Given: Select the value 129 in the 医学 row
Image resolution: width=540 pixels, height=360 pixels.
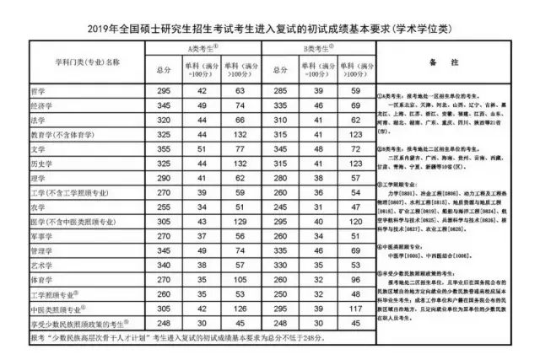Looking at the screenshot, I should [x=240, y=222].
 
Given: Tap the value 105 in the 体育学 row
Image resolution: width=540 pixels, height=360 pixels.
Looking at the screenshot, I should [x=240, y=280].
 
